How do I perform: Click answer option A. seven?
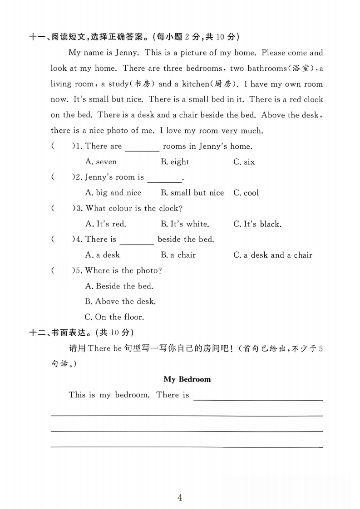pyautogui.click(x=101, y=162)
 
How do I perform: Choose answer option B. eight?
pyautogui.click(x=175, y=162)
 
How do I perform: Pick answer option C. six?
pyautogui.click(x=244, y=162)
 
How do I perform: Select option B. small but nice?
pyautogui.click(x=192, y=193)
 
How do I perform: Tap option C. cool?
pyautogui.click(x=246, y=193)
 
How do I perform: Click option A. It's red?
pyautogui.click(x=106, y=224)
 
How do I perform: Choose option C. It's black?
pyautogui.click(x=257, y=224)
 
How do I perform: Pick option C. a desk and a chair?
pyautogui.click(x=272, y=255)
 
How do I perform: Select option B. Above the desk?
pyautogui.click(x=120, y=301)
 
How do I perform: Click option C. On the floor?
pyautogui.click(x=114, y=317)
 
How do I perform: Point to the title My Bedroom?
pyautogui.click(x=187, y=379)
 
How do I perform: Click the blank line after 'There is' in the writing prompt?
pyautogui.click(x=258, y=397)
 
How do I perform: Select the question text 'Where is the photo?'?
pyautogui.click(x=123, y=270)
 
